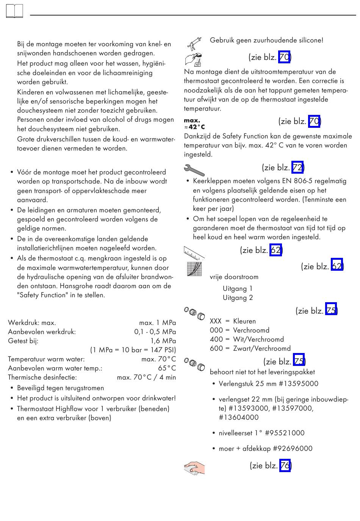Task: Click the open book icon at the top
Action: pyautogui.click(x=14, y=11)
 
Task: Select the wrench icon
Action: pyautogui.click(x=194, y=170)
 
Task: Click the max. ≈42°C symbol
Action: pyautogui.click(x=194, y=124)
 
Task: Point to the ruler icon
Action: pyautogui.click(x=194, y=253)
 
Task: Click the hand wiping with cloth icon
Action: pyautogui.click(x=194, y=468)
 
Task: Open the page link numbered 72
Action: pyautogui.click(x=297, y=167)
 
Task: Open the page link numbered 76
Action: pyautogui.click(x=285, y=465)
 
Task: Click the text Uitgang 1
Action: pyautogui.click(x=238, y=289)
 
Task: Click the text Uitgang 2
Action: pyautogui.click(x=238, y=298)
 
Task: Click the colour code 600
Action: pyautogui.click(x=216, y=348)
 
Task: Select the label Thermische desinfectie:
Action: pyautogui.click(x=42, y=377)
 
